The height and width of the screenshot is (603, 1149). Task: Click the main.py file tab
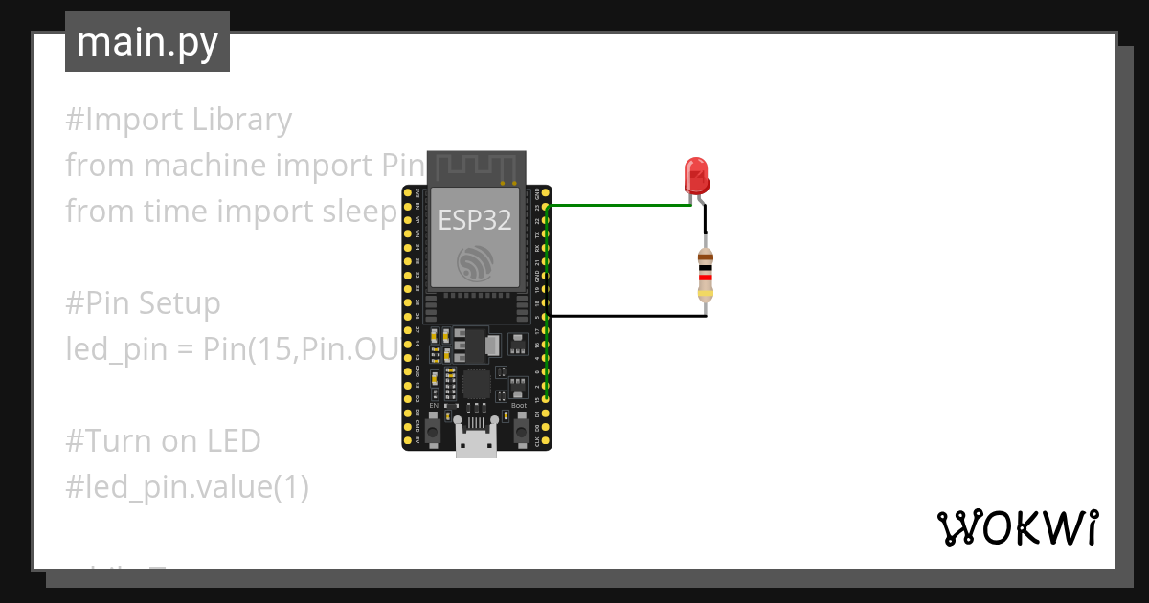[x=146, y=42]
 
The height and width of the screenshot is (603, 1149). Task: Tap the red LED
[x=696, y=176]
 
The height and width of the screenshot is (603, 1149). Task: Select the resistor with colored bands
[x=706, y=274]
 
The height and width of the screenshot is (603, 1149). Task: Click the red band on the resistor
[x=706, y=278]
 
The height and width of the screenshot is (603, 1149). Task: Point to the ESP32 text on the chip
[x=475, y=219]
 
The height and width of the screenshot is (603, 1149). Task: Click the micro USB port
[x=476, y=445]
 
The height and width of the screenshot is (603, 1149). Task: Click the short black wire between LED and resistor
[x=705, y=222]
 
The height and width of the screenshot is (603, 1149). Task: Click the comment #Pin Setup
[x=144, y=303]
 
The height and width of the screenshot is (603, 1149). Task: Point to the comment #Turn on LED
[x=163, y=441]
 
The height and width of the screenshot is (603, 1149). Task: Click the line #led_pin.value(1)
[x=187, y=487]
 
